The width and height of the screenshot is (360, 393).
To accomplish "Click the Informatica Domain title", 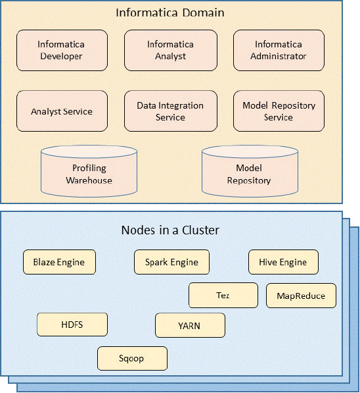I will [169, 13].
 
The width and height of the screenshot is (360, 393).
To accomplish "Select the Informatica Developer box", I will [60, 51].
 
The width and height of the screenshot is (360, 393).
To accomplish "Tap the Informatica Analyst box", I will [170, 51].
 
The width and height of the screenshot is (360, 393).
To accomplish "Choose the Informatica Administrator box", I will [278, 51].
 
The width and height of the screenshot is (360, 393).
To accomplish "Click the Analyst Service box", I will [61, 111].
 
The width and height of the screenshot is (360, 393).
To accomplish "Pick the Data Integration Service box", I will [170, 111].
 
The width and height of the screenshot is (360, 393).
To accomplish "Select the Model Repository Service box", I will [279, 111].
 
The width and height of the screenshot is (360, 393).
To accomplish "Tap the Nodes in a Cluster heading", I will [170, 230].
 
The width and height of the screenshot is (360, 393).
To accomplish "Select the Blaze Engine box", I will [58, 262].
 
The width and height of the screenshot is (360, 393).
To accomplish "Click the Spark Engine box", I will [171, 262].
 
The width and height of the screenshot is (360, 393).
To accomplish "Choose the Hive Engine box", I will [283, 262].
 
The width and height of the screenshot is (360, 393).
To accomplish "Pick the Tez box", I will [223, 296].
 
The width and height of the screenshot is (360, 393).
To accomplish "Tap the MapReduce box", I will [301, 296].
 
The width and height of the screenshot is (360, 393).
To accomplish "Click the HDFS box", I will [72, 325].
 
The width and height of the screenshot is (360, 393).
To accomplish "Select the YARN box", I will [189, 325].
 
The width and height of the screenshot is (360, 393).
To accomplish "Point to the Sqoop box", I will [132, 358].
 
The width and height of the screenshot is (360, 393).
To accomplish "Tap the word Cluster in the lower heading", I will [200, 230].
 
